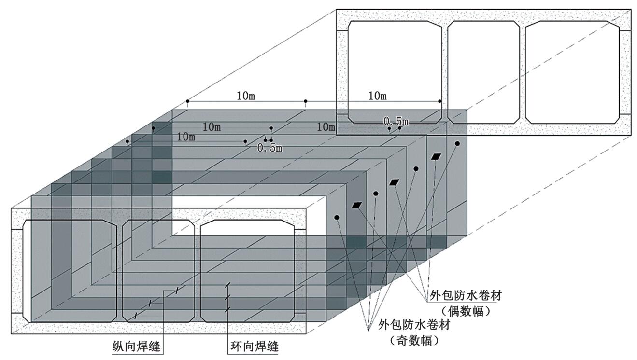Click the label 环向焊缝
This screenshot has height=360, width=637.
[x=253, y=346]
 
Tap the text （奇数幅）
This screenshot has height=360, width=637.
[x=415, y=341]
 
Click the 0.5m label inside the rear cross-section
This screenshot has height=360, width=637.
[x=395, y=121]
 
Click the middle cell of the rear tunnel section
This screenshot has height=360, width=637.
[x=483, y=72]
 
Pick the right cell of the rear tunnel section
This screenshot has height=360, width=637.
[x=572, y=72]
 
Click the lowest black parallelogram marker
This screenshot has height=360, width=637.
[x=357, y=206]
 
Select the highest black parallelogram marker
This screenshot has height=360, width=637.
[x=437, y=156]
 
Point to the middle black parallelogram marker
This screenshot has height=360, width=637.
[x=395, y=182]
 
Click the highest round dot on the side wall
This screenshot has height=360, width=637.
[x=457, y=144]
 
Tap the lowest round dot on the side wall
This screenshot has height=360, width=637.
[x=337, y=218]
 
